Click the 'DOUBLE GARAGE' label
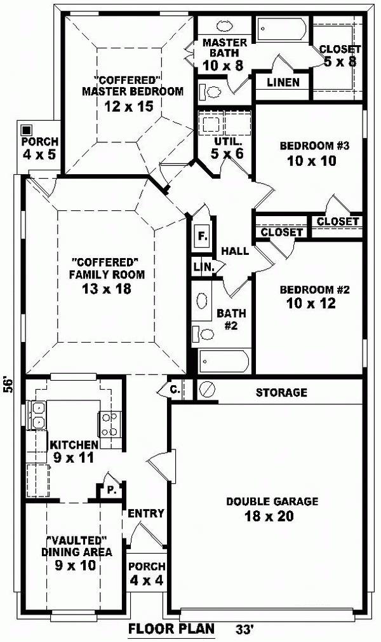point(272,502)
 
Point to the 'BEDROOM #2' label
point(307,289)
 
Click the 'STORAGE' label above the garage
point(281,392)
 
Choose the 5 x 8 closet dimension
point(340,62)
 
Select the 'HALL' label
point(234,251)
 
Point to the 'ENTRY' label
point(146,513)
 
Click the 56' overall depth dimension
point(8,386)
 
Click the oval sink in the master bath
point(225,27)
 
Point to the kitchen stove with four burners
point(109,424)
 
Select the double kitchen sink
point(37,414)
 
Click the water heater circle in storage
point(207,389)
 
